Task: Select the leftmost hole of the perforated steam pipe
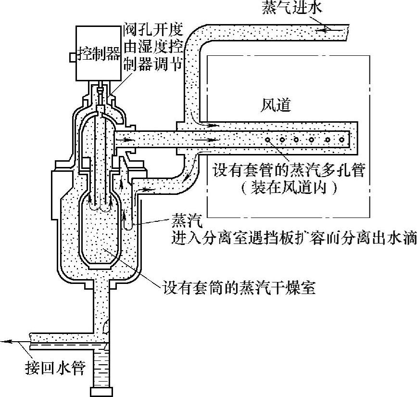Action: (x=266, y=140)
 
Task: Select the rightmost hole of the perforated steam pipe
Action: (x=342, y=140)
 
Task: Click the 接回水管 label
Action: (x=54, y=369)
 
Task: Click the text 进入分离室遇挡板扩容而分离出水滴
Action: (x=294, y=238)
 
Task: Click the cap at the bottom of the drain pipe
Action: (x=103, y=390)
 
